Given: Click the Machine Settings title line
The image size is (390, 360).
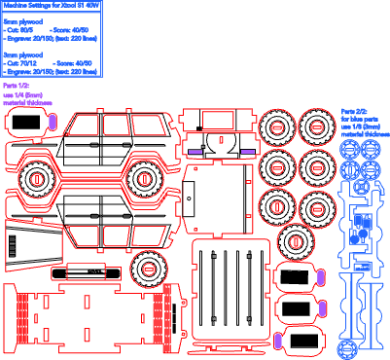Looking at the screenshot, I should pyautogui.click(x=51, y=5).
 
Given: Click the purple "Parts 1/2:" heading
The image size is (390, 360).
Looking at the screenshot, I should pyautogui.click(x=17, y=87).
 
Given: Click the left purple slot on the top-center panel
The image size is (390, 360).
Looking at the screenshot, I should pyautogui.click(x=195, y=153).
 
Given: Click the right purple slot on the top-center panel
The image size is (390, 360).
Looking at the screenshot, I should pyautogui.click(x=248, y=153).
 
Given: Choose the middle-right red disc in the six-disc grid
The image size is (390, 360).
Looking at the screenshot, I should pyautogui.click(x=316, y=165).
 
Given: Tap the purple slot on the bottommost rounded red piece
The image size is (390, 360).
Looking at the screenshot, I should pyautogui.click(x=277, y=341).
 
